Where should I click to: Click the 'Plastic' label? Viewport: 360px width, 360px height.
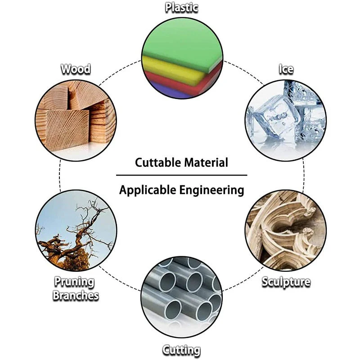181,8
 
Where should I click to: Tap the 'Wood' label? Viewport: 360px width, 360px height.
76,69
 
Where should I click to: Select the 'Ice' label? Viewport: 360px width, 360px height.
286,69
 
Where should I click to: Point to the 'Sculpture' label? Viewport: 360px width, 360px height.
286,282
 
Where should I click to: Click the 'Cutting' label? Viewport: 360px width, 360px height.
181,350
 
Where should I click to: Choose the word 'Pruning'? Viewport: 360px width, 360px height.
74,282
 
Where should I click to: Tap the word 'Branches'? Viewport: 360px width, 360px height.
76,296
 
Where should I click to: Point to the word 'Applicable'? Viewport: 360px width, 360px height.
148,190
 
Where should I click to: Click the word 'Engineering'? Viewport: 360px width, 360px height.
211,190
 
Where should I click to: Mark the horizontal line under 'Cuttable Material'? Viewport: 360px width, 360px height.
182,175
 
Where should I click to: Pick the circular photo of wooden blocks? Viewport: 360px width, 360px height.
76,120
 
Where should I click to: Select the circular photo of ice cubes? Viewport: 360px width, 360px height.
286,120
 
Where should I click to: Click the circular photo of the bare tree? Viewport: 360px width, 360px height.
76,230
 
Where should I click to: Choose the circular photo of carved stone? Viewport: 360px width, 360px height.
286,230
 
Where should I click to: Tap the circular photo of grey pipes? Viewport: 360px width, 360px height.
181,297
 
